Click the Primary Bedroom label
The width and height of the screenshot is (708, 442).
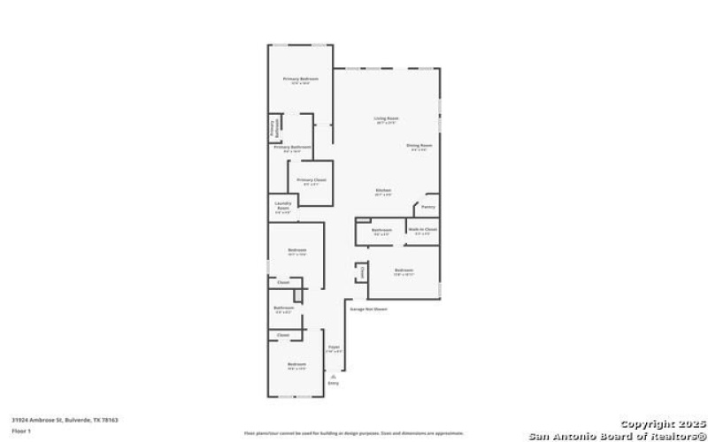tap(301, 80)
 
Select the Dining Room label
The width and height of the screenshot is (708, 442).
tap(419, 145)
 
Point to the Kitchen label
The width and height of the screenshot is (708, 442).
tap(383, 190)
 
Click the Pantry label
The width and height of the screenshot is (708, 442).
tap(427, 207)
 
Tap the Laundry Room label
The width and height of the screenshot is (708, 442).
tap(282, 209)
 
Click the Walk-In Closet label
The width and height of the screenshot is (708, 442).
tap(422, 229)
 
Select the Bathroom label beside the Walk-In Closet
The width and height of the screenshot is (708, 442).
tap(381, 229)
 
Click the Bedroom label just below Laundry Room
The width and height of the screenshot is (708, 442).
tap(296, 250)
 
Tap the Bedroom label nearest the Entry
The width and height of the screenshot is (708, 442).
tap(296, 363)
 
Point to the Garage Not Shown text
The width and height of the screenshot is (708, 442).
tap(369, 309)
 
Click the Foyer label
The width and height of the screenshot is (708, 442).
tap(334, 347)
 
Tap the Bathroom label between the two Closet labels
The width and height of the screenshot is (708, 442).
tap(283, 308)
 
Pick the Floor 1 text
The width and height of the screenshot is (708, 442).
tap(20, 431)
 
